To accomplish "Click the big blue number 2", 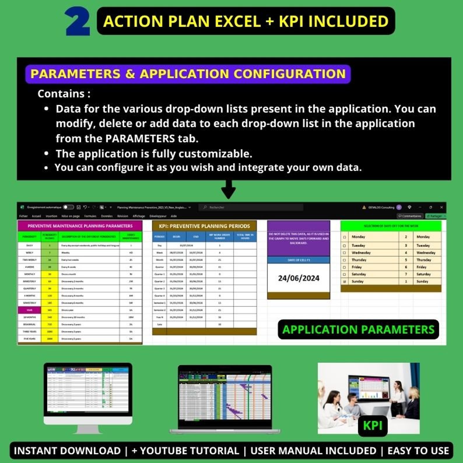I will point(78,22).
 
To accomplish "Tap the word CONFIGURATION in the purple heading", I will point(290,74).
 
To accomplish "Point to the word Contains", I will point(61,94).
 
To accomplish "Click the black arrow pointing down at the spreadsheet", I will point(228,190).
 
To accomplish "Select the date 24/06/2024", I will point(299,278).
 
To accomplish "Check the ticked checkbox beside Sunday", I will point(344,282).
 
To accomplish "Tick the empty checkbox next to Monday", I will point(344,237).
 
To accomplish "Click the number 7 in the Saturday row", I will point(406,274).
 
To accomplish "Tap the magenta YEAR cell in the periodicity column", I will point(29,310).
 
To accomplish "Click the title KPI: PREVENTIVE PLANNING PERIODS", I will point(204,226).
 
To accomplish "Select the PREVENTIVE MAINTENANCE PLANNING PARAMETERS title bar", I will point(80,226).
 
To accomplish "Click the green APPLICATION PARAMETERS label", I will point(358,329).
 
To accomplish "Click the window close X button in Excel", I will point(441,207).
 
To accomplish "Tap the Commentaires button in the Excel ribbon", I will point(410,216).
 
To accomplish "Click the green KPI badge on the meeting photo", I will point(372,426).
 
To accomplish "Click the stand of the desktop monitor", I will point(88,429).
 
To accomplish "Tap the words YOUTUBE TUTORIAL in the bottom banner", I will point(185,451).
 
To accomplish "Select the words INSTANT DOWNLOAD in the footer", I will point(67,451).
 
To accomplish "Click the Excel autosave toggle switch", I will point(69,207).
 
